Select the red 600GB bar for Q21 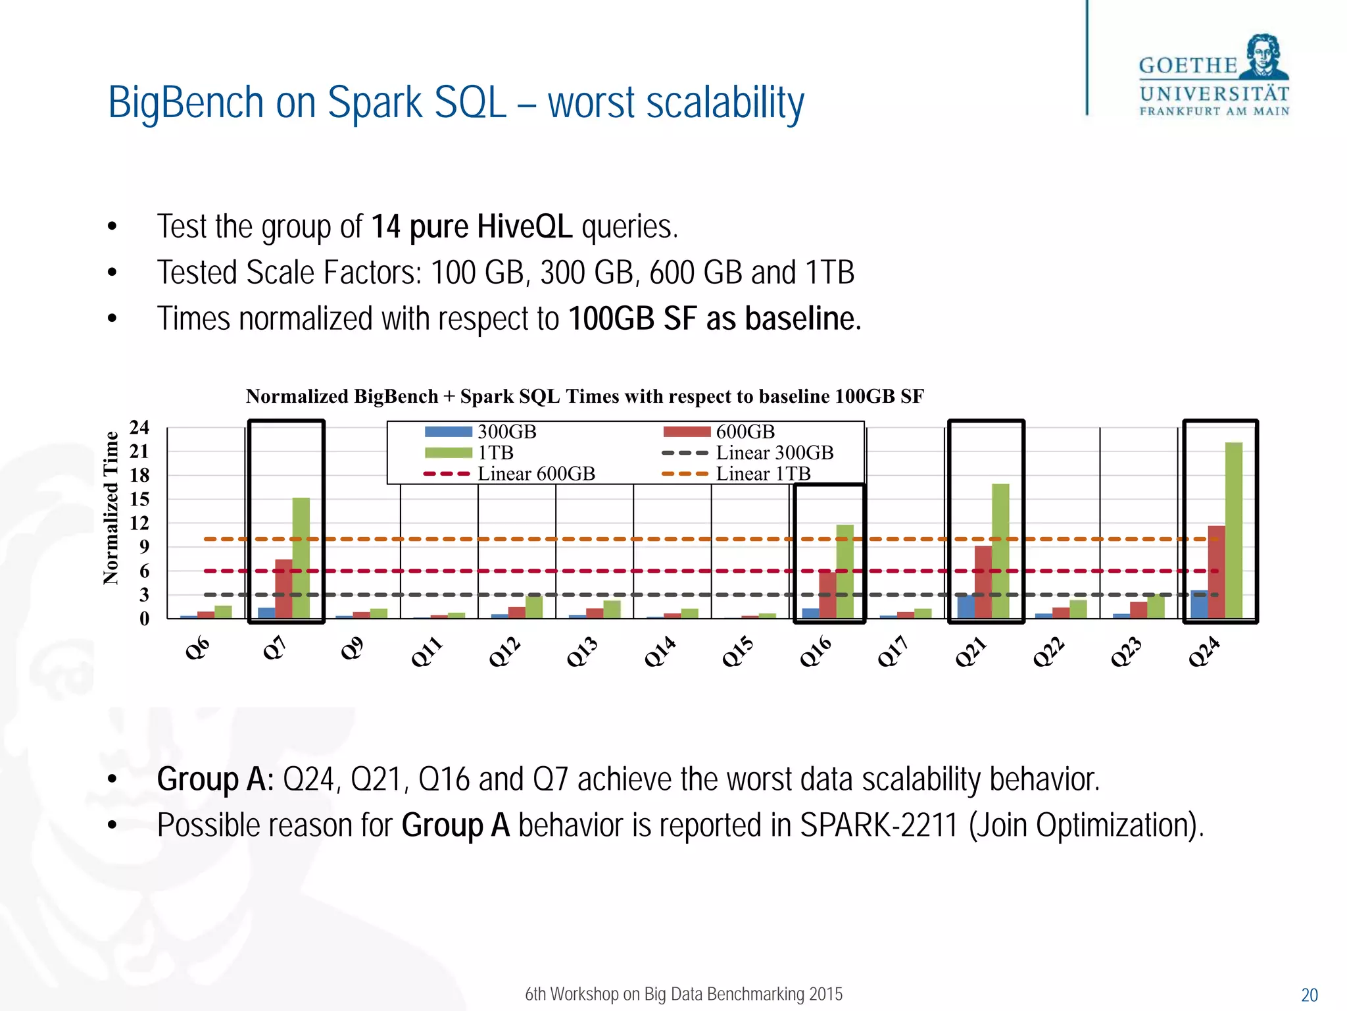[x=983, y=582]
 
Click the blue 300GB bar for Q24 [x=1199, y=604]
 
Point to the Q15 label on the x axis [x=738, y=652]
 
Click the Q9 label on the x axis [x=352, y=648]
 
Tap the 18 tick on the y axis [x=139, y=475]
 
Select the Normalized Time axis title [x=111, y=507]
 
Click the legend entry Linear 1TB [x=762, y=474]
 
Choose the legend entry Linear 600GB [x=535, y=474]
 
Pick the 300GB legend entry [x=506, y=432]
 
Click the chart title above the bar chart [x=585, y=396]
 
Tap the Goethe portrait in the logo [x=1263, y=57]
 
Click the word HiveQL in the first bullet [x=524, y=226]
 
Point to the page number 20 [x=1309, y=995]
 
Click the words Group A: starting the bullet [x=215, y=779]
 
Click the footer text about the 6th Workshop [x=683, y=994]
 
